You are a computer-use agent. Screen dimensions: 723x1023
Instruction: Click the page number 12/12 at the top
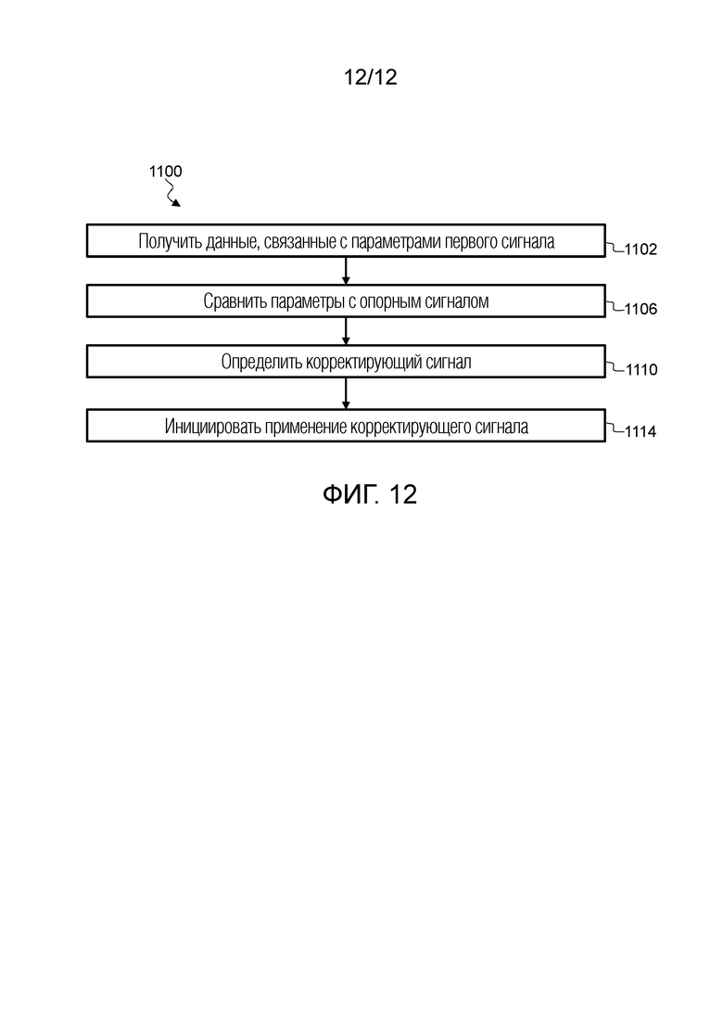coord(370,77)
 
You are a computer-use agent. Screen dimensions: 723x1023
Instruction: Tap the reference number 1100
coord(165,172)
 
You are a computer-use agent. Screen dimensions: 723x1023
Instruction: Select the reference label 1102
coord(641,249)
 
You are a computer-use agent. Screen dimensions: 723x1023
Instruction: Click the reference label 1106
coord(641,309)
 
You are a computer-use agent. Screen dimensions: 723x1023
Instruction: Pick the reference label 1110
coord(641,370)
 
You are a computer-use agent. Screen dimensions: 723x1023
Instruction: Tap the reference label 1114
coord(641,431)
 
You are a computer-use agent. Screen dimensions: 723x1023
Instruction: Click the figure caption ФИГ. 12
coord(370,494)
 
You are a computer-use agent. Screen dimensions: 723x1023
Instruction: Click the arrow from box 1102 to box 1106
coord(346,271)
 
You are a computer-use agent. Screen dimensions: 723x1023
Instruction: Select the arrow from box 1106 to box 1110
coord(346,331)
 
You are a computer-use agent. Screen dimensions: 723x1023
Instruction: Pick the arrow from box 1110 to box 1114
coord(346,393)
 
